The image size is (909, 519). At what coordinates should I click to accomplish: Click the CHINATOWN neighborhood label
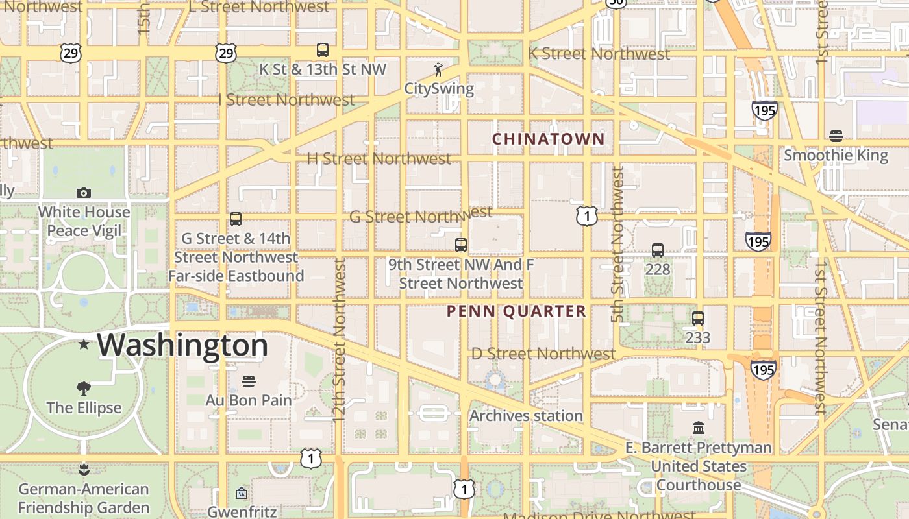548,139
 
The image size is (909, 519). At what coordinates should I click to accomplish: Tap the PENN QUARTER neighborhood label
516,311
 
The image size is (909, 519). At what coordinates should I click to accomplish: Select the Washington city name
182,344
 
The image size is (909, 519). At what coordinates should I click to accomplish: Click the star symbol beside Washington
84,344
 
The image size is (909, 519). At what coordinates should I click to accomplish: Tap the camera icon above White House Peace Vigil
83,193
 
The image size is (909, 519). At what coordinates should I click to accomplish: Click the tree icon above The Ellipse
83,389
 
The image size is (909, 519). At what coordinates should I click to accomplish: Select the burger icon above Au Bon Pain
249,381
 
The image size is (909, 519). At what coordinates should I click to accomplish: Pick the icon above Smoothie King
836,136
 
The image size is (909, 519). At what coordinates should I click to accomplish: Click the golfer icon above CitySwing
439,69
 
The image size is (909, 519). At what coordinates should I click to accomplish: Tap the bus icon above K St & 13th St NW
323,50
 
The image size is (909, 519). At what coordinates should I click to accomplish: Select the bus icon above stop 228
658,250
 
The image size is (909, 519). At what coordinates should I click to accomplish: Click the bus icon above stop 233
698,319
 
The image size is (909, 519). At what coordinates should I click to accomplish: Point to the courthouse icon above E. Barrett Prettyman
699,428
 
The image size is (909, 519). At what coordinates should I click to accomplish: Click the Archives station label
526,416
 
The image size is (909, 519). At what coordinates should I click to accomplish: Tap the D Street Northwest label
543,354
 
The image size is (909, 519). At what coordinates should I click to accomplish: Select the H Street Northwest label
379,158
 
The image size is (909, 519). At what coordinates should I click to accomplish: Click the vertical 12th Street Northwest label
339,341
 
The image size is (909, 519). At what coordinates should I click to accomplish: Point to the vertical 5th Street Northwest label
617,245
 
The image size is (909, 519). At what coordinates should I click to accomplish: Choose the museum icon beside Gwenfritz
242,494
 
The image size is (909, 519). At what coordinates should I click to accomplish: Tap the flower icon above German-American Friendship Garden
83,469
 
